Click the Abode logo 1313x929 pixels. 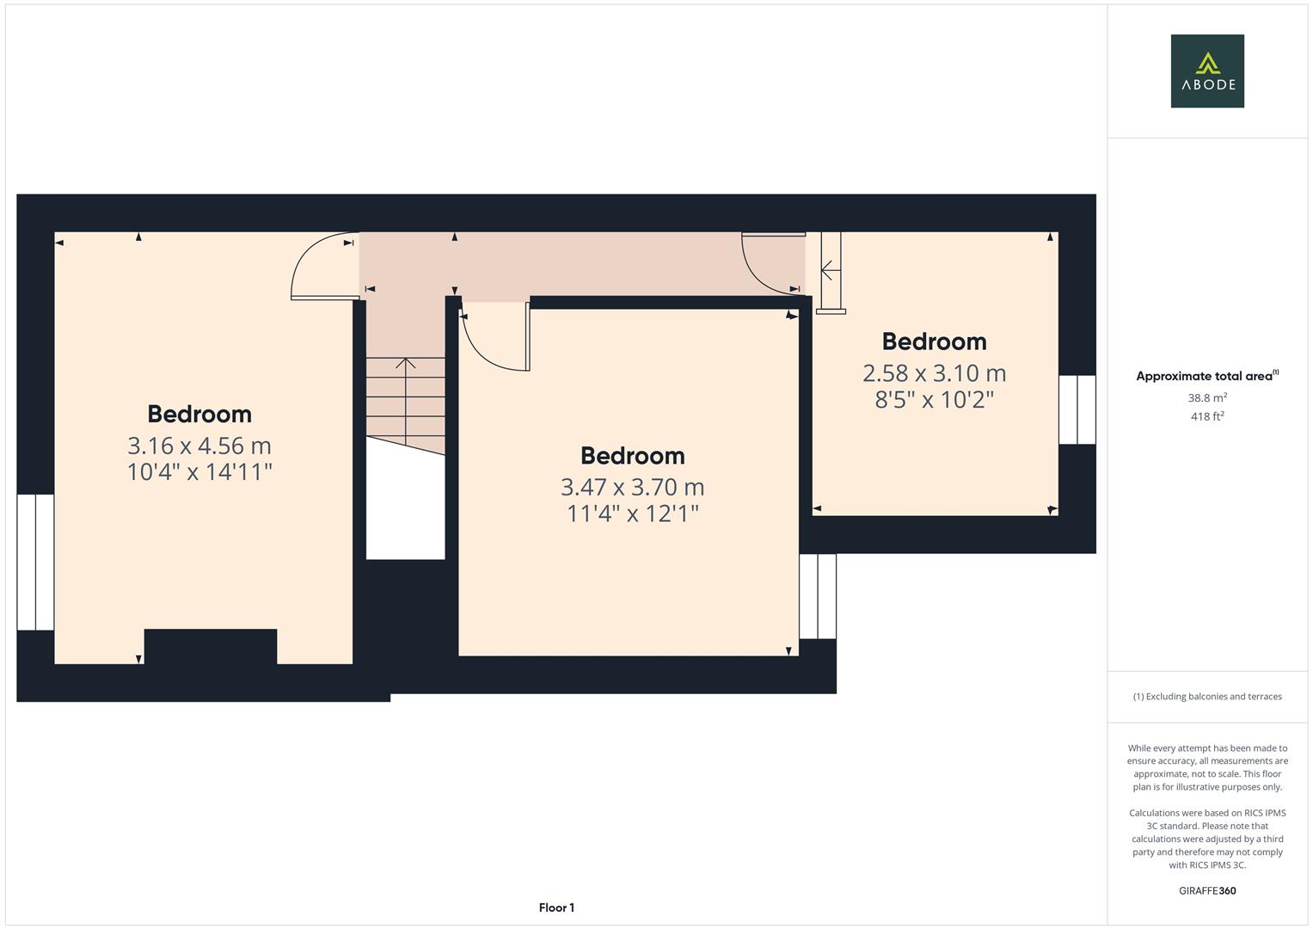point(1207,71)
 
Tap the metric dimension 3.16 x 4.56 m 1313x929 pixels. point(199,446)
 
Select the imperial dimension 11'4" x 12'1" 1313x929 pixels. point(632,514)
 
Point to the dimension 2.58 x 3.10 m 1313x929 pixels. point(934,373)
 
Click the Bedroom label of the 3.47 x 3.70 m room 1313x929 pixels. point(632,456)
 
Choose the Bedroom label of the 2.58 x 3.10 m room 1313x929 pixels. point(934,341)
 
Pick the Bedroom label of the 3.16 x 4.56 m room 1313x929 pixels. point(199,414)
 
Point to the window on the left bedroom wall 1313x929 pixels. point(36,562)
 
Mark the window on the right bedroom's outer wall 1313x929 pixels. point(1077,409)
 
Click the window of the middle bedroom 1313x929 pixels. point(818,596)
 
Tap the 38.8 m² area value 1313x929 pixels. point(1207,398)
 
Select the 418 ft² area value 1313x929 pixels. point(1207,417)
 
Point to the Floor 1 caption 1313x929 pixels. point(556,907)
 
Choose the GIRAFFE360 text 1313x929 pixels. point(1207,891)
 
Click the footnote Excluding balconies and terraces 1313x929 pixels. point(1207,697)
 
